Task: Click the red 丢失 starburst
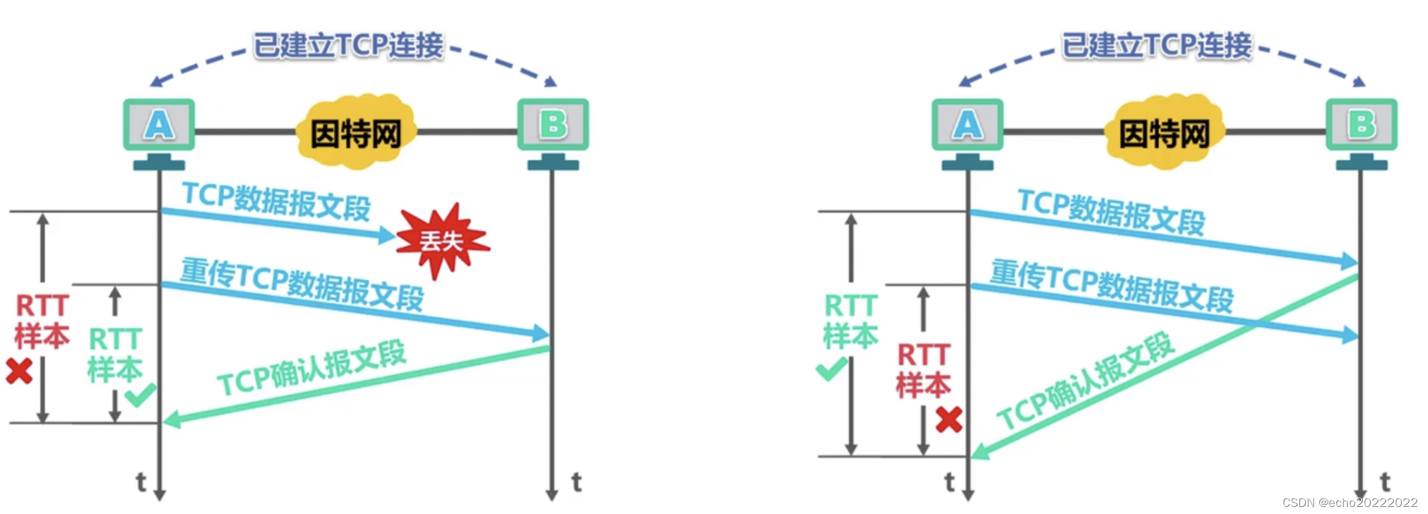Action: (x=441, y=241)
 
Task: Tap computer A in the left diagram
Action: (x=159, y=126)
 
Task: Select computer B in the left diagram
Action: (x=553, y=126)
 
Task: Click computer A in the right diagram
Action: (x=967, y=126)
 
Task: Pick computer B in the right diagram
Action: (x=1361, y=126)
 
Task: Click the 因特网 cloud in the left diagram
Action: (x=356, y=133)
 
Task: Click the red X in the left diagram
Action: (x=19, y=371)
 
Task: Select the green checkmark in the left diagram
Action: (x=141, y=394)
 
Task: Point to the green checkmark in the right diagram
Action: (x=831, y=369)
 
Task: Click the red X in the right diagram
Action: (x=948, y=420)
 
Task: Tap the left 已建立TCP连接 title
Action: (x=348, y=46)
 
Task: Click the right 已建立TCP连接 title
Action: (x=1157, y=46)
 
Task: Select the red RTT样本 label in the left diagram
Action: (x=42, y=321)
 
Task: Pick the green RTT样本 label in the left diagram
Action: (x=115, y=354)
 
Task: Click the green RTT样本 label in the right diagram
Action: (x=851, y=321)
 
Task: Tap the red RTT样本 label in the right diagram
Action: (x=924, y=370)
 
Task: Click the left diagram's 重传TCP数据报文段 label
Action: (x=302, y=284)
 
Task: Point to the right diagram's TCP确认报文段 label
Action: (x=1085, y=381)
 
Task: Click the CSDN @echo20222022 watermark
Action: (x=1350, y=503)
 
